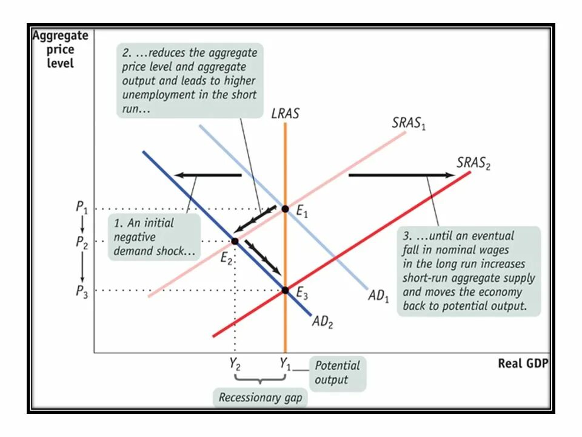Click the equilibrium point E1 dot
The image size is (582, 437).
pyautogui.click(x=285, y=209)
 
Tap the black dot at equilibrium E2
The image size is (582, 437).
pyautogui.click(x=235, y=241)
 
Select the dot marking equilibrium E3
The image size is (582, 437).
pyautogui.click(x=285, y=290)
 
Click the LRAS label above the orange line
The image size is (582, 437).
pyautogui.click(x=285, y=113)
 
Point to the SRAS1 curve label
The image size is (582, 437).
pyautogui.click(x=409, y=123)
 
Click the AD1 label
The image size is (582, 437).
pyautogui.click(x=379, y=297)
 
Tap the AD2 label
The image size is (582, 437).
pyautogui.click(x=323, y=322)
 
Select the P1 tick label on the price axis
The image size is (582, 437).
pyautogui.click(x=82, y=207)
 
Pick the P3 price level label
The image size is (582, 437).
pyautogui.click(x=82, y=291)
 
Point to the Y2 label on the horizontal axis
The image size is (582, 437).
pyautogui.click(x=234, y=365)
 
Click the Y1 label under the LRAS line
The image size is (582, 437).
pyautogui.click(x=285, y=365)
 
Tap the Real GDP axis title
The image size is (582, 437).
pyautogui.click(x=522, y=364)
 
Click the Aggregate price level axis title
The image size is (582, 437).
pyautogui.click(x=60, y=49)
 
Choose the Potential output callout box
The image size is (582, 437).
pyautogui.click(x=337, y=373)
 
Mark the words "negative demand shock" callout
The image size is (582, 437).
pyautogui.click(x=154, y=237)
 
